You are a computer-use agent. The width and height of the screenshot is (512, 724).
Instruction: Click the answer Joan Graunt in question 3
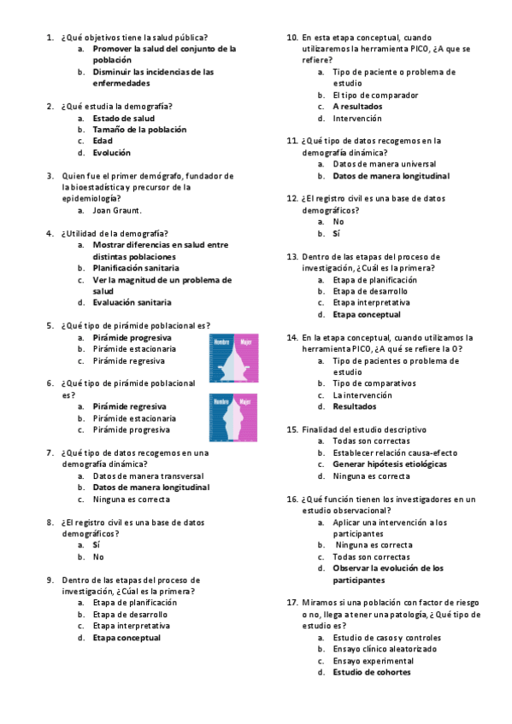click(117, 210)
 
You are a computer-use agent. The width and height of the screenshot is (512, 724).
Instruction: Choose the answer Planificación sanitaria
click(136, 267)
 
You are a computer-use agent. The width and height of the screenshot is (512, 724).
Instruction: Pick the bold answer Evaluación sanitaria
click(132, 302)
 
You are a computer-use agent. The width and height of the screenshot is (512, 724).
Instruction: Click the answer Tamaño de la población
click(139, 130)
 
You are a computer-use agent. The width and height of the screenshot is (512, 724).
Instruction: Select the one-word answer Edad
click(103, 141)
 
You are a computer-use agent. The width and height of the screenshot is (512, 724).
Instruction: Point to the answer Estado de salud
click(124, 118)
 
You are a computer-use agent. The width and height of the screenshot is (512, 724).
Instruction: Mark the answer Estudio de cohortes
click(371, 672)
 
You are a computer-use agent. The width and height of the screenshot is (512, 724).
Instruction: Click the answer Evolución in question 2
click(112, 153)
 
